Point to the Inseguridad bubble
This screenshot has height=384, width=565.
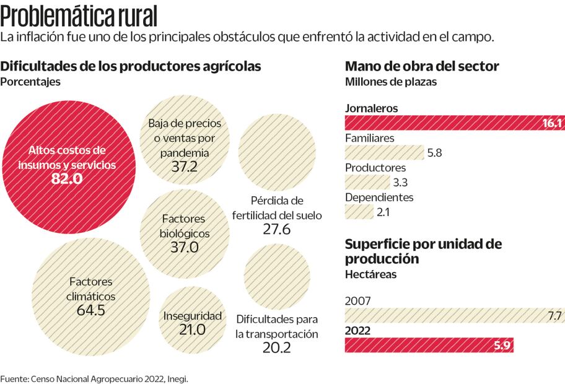click(x=193, y=322)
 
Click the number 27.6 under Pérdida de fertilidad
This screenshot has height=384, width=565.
click(x=276, y=229)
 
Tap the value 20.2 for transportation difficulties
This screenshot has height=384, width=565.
click(x=276, y=348)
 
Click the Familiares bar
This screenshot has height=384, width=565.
click(x=383, y=153)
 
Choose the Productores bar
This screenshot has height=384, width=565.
click(x=368, y=182)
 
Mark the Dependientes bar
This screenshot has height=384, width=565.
click(x=360, y=212)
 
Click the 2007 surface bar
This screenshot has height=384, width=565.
click(x=453, y=316)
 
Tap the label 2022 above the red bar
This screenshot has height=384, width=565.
click(x=357, y=331)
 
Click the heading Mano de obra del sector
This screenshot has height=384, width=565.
click(x=422, y=66)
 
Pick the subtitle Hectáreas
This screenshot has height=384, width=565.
click(x=370, y=274)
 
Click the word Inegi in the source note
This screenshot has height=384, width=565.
click(x=176, y=377)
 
